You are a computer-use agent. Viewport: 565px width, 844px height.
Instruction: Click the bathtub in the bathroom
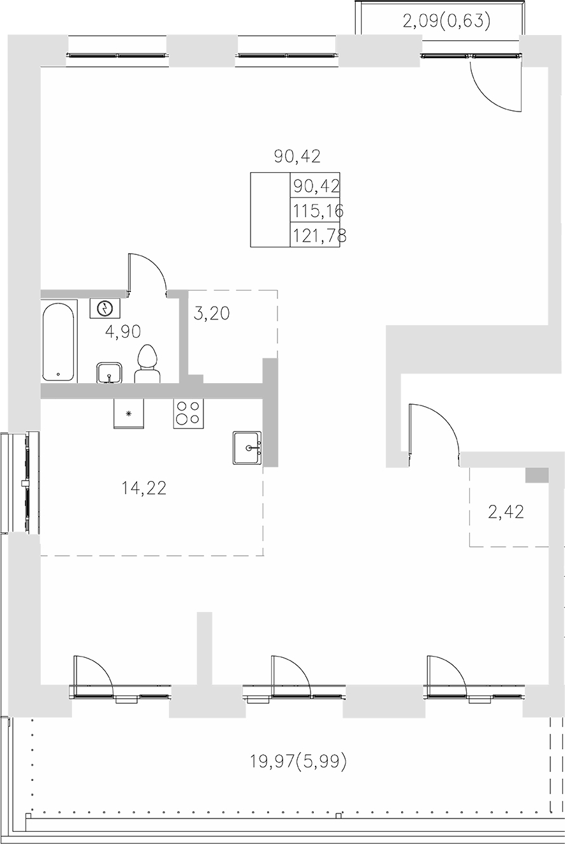tap(59, 342)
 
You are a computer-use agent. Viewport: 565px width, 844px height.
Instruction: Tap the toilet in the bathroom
tap(147, 364)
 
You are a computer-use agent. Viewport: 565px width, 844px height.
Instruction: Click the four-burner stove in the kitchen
tap(188, 413)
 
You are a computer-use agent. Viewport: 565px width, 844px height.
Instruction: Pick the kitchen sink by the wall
tap(247, 448)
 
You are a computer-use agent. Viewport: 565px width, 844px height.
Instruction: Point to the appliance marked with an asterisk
tap(129, 414)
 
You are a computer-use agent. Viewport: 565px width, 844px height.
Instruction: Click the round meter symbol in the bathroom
tap(104, 309)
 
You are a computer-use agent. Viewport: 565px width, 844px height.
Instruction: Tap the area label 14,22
tap(144, 489)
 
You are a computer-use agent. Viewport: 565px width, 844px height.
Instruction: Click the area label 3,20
tap(211, 314)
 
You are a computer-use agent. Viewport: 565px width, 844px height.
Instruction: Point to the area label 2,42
tap(506, 512)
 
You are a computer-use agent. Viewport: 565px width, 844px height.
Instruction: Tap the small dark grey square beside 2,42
tap(537, 475)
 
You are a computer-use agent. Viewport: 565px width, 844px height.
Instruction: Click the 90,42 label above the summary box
tap(297, 156)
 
